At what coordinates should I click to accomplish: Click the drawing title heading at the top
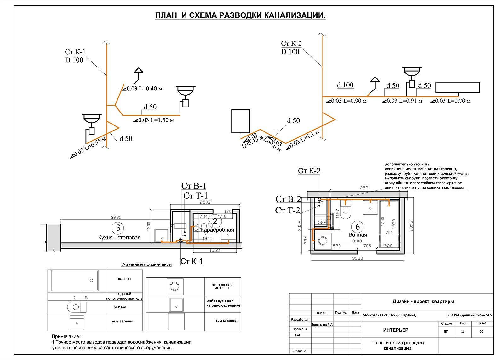[x=240, y=16]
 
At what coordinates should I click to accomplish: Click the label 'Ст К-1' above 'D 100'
[x=75, y=52]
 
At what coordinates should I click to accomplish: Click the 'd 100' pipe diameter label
[x=345, y=85]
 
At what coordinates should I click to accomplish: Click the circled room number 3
[x=118, y=227]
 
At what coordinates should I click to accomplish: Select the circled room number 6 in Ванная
[x=358, y=227]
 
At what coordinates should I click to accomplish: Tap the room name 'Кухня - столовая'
[x=119, y=237]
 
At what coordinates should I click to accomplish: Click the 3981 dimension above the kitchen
[x=116, y=217]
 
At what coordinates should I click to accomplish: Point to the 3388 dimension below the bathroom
[x=358, y=258]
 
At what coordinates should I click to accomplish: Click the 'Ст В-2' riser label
[x=288, y=200]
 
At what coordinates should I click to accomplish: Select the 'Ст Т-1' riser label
[x=195, y=196]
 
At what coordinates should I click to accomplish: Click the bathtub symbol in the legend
[x=75, y=280]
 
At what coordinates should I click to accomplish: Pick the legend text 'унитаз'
[x=120, y=306]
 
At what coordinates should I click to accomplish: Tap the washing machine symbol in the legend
[x=175, y=286]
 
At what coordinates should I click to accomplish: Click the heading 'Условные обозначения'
[x=146, y=264]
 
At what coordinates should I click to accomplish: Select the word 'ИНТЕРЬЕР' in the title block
[x=396, y=330]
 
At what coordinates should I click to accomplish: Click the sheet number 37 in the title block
[x=463, y=332]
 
